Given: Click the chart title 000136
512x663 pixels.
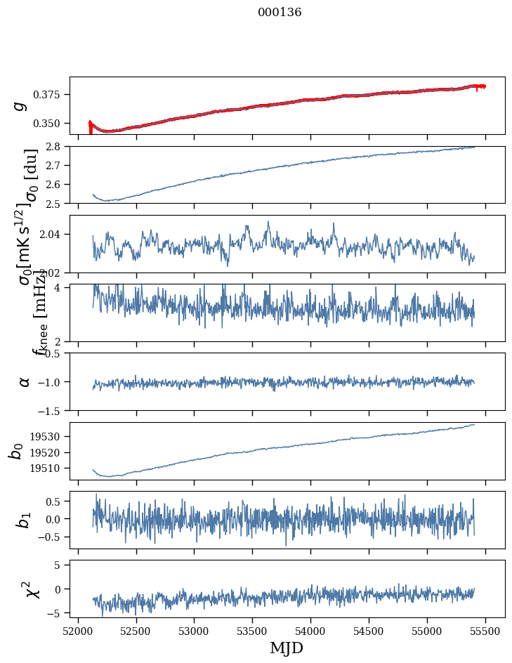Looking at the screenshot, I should (x=280, y=13).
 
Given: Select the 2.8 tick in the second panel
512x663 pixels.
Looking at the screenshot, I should (x=58, y=146).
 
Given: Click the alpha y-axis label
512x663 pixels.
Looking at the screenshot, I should (x=25, y=381).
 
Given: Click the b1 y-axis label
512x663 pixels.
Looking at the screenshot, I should (x=23, y=520).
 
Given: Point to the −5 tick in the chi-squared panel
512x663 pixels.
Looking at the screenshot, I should (x=58, y=613).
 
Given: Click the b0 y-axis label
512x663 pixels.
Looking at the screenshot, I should (x=15, y=451).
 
